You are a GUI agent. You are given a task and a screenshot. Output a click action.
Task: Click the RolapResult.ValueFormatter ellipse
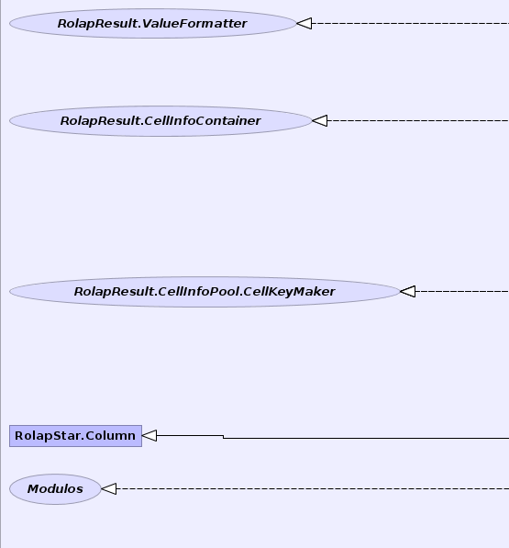tap(153, 24)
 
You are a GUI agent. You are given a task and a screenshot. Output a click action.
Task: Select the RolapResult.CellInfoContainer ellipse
tap(160, 121)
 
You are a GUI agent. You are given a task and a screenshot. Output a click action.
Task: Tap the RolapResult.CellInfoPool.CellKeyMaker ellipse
tap(205, 292)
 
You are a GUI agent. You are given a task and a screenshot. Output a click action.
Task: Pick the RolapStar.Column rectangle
tap(75, 436)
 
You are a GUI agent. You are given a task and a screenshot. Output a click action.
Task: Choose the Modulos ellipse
tap(55, 489)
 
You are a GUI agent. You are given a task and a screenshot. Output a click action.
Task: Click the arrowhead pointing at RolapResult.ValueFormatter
tap(304, 24)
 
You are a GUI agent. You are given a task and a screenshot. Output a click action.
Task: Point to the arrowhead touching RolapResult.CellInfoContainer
tap(320, 121)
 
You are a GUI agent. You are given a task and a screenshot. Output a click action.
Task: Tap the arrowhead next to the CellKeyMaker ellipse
tap(408, 292)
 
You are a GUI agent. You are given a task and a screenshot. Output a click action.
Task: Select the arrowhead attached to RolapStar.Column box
tap(149, 436)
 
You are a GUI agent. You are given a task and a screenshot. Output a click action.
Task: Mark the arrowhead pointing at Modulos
tap(109, 489)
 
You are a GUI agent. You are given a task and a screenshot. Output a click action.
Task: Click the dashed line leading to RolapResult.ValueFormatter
tap(411, 24)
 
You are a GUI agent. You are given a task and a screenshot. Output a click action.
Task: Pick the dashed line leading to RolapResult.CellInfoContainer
tap(418, 121)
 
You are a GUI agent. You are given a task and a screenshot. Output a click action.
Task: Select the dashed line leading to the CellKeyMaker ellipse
tap(462, 292)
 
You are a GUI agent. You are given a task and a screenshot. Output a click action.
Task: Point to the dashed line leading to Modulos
tap(313, 489)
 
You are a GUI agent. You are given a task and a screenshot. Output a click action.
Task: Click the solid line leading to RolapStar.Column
tap(333, 438)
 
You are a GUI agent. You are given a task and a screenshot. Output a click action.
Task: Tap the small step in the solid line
tap(224, 437)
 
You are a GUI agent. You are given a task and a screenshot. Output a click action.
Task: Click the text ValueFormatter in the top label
tap(194, 24)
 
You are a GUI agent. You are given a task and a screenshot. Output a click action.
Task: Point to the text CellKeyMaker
tap(290, 292)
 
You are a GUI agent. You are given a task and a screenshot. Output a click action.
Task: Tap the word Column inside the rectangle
tap(110, 436)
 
